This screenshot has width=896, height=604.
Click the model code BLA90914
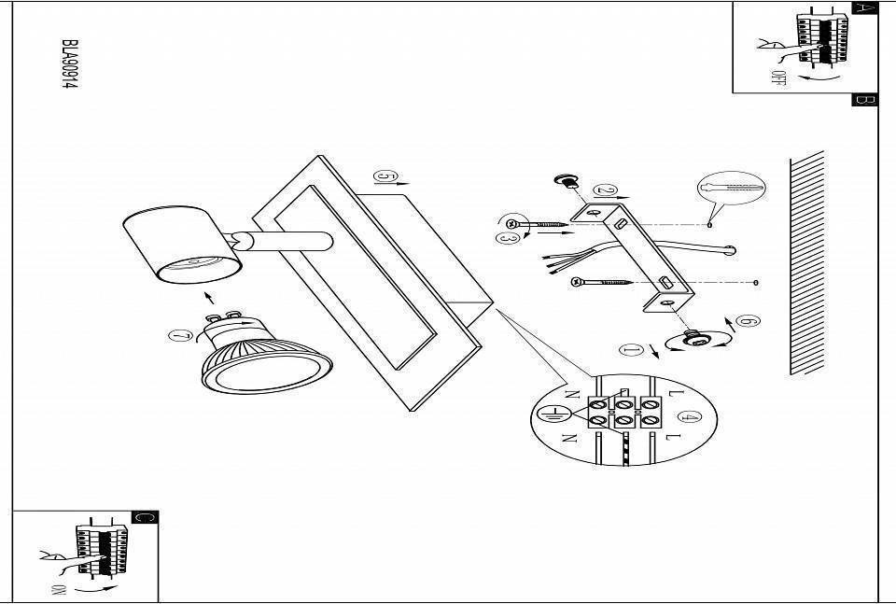(x=68, y=64)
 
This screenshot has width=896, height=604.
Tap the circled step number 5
(x=385, y=176)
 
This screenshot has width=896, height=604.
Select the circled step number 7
(x=181, y=337)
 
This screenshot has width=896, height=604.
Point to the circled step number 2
(x=605, y=190)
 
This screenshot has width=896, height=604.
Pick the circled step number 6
(x=747, y=322)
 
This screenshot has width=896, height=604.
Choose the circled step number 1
(x=631, y=350)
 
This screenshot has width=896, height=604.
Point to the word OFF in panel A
(x=777, y=77)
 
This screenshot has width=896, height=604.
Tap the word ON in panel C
(x=59, y=589)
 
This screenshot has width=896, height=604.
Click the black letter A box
(x=866, y=8)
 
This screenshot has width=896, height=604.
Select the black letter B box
(x=864, y=100)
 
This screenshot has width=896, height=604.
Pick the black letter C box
(x=146, y=517)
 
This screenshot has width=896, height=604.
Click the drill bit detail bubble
(x=731, y=190)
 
